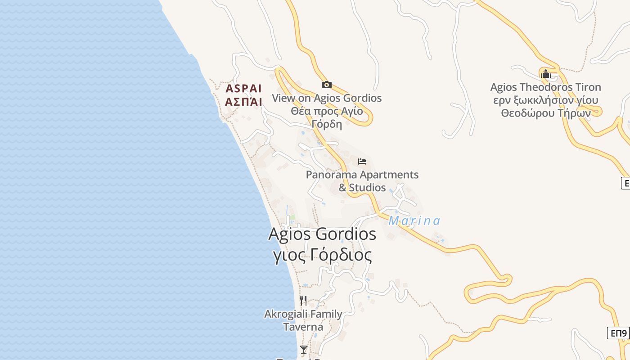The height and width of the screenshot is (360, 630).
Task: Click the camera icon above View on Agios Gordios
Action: (327, 85)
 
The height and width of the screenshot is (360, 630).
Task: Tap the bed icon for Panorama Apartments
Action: (362, 161)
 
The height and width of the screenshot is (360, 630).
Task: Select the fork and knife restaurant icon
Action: (303, 300)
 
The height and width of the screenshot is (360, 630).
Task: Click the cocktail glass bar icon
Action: (304, 349)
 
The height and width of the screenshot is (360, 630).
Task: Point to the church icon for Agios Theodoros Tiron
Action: (545, 73)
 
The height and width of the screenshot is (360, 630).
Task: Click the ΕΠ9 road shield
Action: (619, 333)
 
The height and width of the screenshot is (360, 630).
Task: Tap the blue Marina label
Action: (414, 221)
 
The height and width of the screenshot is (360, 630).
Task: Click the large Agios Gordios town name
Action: (322, 234)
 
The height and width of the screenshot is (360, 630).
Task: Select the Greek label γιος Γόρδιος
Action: (323, 255)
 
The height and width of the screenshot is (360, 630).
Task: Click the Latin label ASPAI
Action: (243, 88)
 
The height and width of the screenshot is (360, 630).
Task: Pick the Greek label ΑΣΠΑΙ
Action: (243, 102)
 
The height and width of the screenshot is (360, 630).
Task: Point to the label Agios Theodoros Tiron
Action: (545, 87)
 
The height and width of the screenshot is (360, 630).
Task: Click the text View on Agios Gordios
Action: (327, 98)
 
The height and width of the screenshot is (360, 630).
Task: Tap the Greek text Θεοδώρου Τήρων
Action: (546, 113)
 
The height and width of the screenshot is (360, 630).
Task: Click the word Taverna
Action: (303, 327)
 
